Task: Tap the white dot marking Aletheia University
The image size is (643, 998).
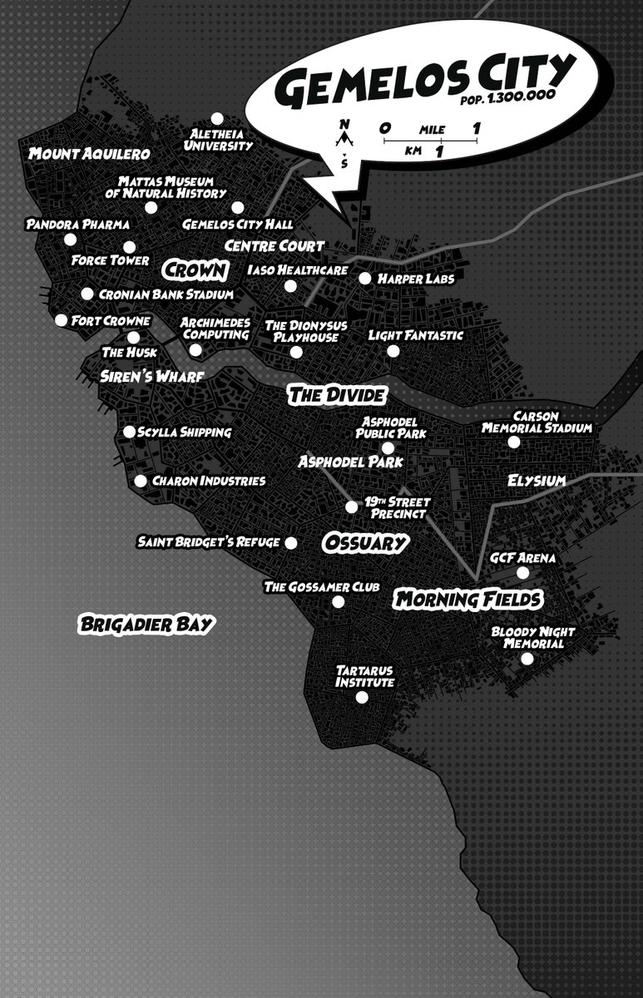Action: point(217,118)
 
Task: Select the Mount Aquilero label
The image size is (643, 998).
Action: point(89,154)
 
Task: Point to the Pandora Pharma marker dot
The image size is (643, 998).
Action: point(70,240)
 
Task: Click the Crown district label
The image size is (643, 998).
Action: point(195,270)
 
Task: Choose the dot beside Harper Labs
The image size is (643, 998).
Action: point(364,278)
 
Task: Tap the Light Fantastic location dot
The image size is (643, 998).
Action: point(393,351)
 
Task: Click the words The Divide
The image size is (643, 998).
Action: point(337,395)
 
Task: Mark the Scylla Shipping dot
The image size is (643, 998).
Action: point(129,432)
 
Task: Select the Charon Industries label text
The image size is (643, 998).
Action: point(208,481)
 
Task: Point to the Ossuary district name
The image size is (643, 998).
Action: point(364,543)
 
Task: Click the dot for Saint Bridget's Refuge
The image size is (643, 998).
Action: point(291,542)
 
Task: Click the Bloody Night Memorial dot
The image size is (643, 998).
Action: point(527,659)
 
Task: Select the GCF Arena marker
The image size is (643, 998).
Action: point(522,572)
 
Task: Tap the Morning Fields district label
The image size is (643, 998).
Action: point(468,599)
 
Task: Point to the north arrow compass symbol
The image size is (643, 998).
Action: point(344,133)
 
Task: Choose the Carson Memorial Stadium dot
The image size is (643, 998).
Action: point(514,442)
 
